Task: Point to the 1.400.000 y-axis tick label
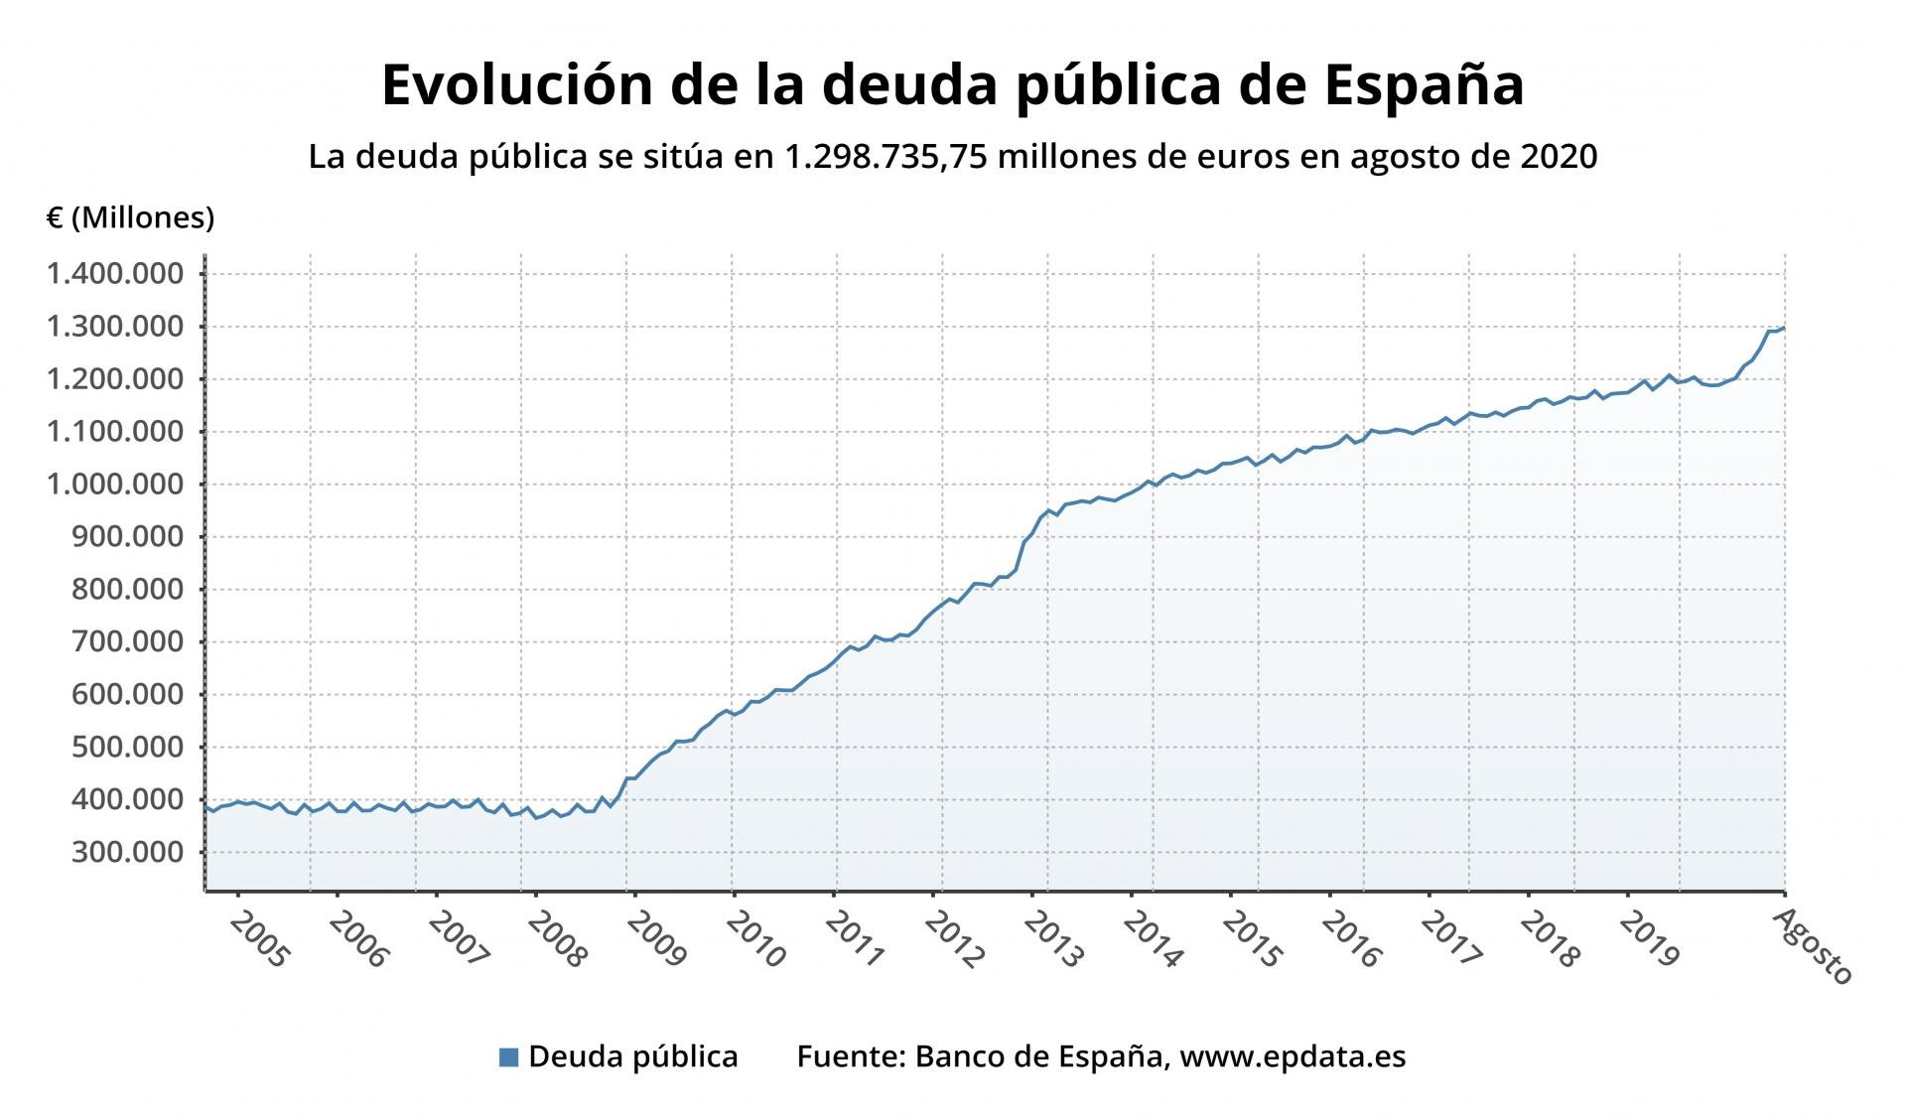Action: pos(115,273)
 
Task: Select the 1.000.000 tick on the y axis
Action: pos(115,484)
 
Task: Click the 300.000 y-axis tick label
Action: pos(127,852)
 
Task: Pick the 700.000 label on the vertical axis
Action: pos(127,641)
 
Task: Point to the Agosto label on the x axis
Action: pos(1813,947)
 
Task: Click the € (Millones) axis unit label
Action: pos(130,217)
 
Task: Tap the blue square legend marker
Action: pos(508,1057)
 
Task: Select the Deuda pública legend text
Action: pos(633,1056)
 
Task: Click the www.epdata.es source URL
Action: pos(1293,1056)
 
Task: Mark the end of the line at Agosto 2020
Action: pos(1784,328)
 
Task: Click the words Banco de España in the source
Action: pos(1039,1056)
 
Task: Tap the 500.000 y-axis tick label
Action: pos(127,747)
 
